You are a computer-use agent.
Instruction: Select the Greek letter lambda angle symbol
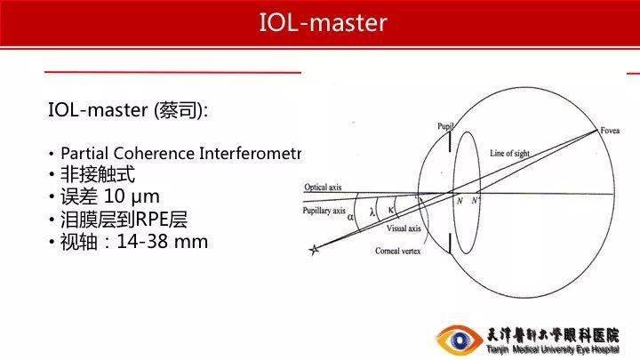point(372,212)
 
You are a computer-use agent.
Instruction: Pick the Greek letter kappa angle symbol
point(391,209)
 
